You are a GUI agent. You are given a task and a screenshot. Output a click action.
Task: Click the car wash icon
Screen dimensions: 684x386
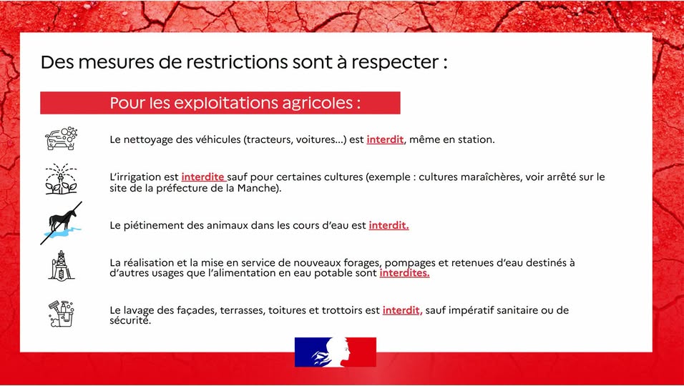click(61, 139)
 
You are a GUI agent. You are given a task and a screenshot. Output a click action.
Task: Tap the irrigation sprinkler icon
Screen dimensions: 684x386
click(61, 179)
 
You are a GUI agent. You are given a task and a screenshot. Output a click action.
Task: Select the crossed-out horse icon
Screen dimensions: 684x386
click(61, 223)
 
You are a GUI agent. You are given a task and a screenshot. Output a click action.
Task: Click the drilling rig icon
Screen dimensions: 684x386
click(61, 265)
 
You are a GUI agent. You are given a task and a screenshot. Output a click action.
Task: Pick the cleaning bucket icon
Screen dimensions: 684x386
click(61, 313)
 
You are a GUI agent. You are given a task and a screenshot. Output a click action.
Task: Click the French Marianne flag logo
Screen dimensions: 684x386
click(335, 352)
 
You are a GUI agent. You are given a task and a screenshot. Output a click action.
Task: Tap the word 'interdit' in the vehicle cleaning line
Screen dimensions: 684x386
click(385, 140)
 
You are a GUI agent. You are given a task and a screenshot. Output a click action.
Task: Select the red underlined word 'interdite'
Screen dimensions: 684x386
click(203, 177)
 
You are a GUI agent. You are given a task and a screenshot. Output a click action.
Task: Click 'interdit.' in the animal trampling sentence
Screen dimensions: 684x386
click(389, 226)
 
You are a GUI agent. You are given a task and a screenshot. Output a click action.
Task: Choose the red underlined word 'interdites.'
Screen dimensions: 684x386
click(404, 273)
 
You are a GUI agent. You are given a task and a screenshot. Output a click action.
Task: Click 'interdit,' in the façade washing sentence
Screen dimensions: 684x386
click(402, 311)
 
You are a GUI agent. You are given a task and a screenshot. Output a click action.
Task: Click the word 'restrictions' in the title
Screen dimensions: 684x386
click(237, 62)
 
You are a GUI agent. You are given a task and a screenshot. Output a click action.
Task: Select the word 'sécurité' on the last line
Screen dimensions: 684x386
click(130, 321)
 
